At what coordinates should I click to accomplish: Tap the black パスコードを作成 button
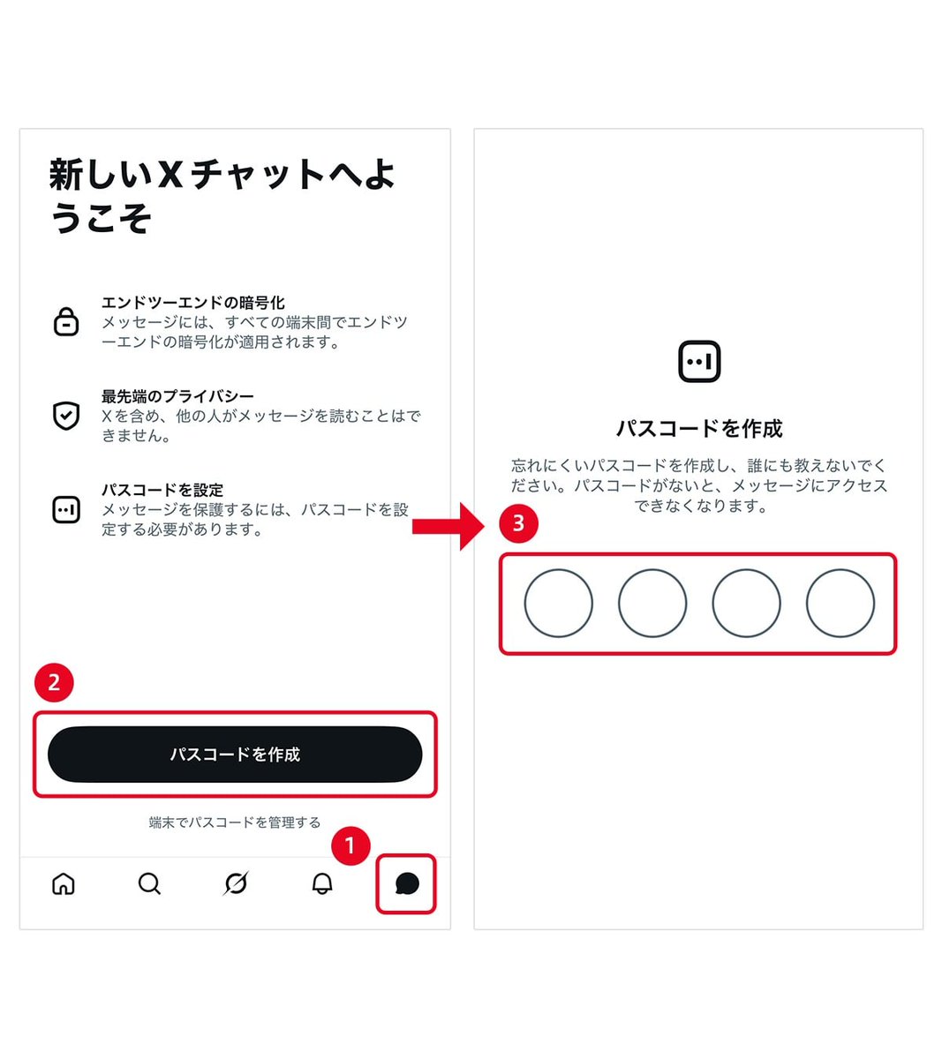235,755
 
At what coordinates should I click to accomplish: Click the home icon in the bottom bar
64,883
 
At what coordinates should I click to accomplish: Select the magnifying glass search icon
149,883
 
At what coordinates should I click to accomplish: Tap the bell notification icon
322,883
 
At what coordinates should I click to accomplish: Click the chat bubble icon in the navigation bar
407,883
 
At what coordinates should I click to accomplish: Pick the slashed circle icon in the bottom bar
236,883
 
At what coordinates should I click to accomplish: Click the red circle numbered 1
350,846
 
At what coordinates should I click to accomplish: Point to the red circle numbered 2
54,682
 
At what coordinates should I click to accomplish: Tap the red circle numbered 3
518,523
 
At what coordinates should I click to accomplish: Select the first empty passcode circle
558,604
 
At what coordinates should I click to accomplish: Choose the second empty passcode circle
652,604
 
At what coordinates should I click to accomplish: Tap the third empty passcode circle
746,604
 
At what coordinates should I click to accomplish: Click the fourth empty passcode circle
840,604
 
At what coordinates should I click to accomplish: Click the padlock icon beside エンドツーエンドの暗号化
66,321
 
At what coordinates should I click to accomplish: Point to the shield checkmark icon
66,415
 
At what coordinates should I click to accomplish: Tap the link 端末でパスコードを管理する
235,822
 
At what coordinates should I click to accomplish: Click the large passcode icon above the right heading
699,362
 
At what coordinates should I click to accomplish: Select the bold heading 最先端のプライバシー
177,396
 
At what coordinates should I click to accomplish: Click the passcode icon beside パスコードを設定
66,509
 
